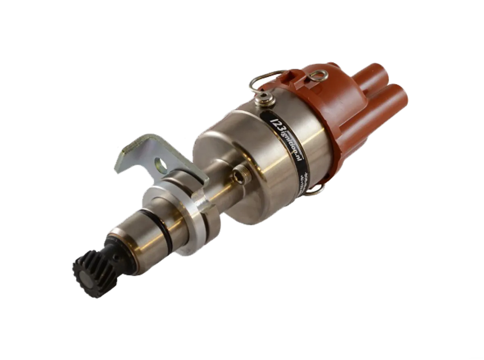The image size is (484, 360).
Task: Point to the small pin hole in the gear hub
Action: [116, 257]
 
